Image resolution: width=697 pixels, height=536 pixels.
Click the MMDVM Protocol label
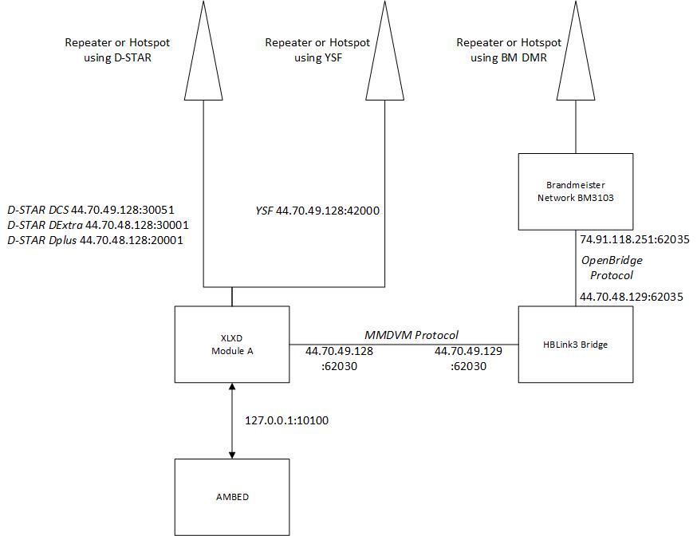412,335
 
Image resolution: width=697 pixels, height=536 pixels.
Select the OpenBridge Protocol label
612,267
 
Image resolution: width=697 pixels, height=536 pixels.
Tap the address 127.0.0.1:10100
287,420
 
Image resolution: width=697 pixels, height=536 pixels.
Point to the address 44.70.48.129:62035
632,297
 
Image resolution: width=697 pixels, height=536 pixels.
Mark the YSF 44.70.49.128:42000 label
317,211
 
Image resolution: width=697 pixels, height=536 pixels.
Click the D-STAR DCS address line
91,210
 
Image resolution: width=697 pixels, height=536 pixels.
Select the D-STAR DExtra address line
98,225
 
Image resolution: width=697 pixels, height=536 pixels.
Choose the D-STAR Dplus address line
96,240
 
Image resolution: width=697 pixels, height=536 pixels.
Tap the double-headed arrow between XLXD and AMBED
232,421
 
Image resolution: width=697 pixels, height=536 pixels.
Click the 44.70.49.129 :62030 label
468,359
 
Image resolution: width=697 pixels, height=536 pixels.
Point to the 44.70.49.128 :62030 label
339,359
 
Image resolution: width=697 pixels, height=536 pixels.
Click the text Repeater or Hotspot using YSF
317,49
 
